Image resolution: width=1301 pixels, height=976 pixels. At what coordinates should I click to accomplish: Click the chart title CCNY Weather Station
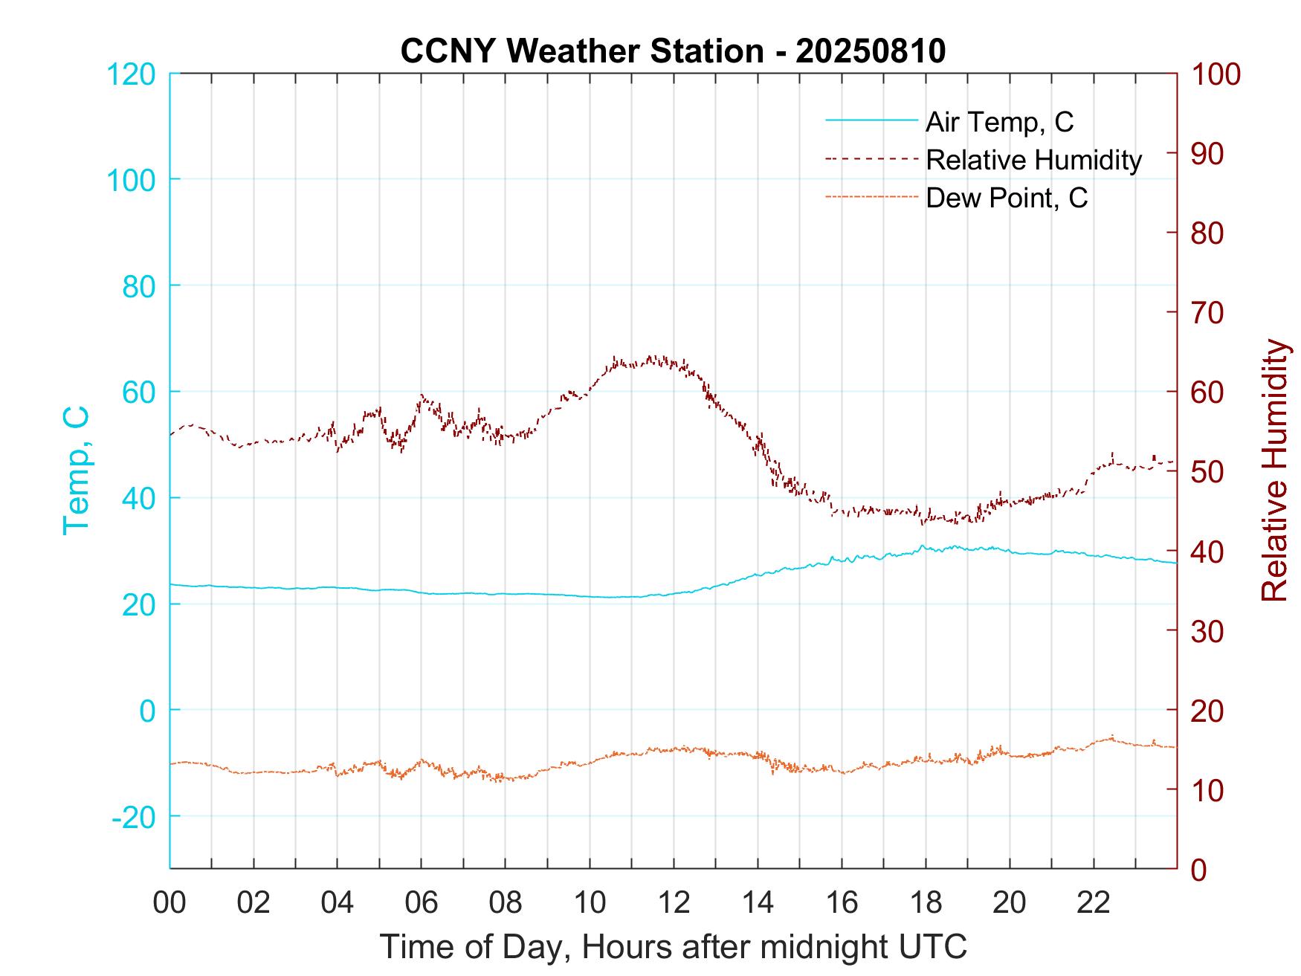[x=673, y=51]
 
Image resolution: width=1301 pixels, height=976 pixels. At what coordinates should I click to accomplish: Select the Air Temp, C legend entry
[x=999, y=122]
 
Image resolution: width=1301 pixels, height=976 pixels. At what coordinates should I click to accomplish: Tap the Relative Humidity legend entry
[x=1033, y=160]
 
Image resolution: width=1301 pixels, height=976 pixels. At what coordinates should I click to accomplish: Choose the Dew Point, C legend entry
[x=1007, y=198]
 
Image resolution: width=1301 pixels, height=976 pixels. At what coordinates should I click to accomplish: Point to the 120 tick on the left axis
[x=131, y=74]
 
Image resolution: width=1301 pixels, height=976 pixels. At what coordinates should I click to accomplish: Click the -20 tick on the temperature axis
[x=133, y=817]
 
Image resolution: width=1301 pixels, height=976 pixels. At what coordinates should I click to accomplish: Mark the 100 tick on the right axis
[x=1216, y=74]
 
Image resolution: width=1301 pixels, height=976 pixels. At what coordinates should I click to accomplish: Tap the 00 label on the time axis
[x=170, y=902]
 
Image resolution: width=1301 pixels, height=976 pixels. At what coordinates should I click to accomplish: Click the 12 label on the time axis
[x=674, y=902]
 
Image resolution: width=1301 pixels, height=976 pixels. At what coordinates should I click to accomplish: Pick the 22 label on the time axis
[x=1094, y=902]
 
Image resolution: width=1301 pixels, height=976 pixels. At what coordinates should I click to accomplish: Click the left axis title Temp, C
[x=77, y=470]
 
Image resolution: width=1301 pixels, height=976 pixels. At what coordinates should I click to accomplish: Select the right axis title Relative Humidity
[x=1274, y=470]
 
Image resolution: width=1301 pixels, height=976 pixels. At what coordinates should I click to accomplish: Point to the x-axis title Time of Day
[x=673, y=947]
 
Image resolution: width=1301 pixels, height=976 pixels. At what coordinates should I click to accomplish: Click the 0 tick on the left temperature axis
[x=148, y=711]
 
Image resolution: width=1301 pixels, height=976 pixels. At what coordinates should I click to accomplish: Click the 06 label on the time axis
[x=422, y=902]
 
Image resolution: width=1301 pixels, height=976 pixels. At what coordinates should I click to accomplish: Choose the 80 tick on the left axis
[x=138, y=286]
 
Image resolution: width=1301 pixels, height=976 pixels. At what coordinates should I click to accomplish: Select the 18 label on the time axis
[x=926, y=902]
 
